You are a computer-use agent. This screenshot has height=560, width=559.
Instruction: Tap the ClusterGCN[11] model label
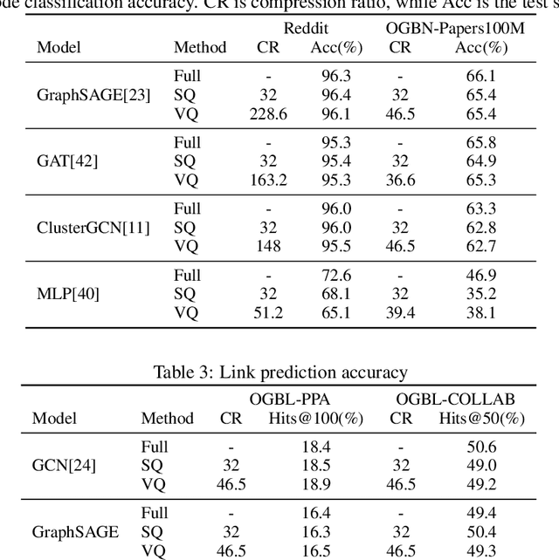93,229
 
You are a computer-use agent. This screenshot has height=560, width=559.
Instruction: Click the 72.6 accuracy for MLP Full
336,276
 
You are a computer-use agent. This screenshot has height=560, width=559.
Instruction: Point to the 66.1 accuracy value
481,77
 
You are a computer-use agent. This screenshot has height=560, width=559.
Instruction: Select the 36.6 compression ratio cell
400,181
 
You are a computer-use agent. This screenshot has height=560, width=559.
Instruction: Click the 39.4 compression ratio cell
400,313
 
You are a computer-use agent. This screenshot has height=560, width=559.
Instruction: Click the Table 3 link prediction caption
279,373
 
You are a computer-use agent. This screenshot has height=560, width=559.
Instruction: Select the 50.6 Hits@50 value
481,447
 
